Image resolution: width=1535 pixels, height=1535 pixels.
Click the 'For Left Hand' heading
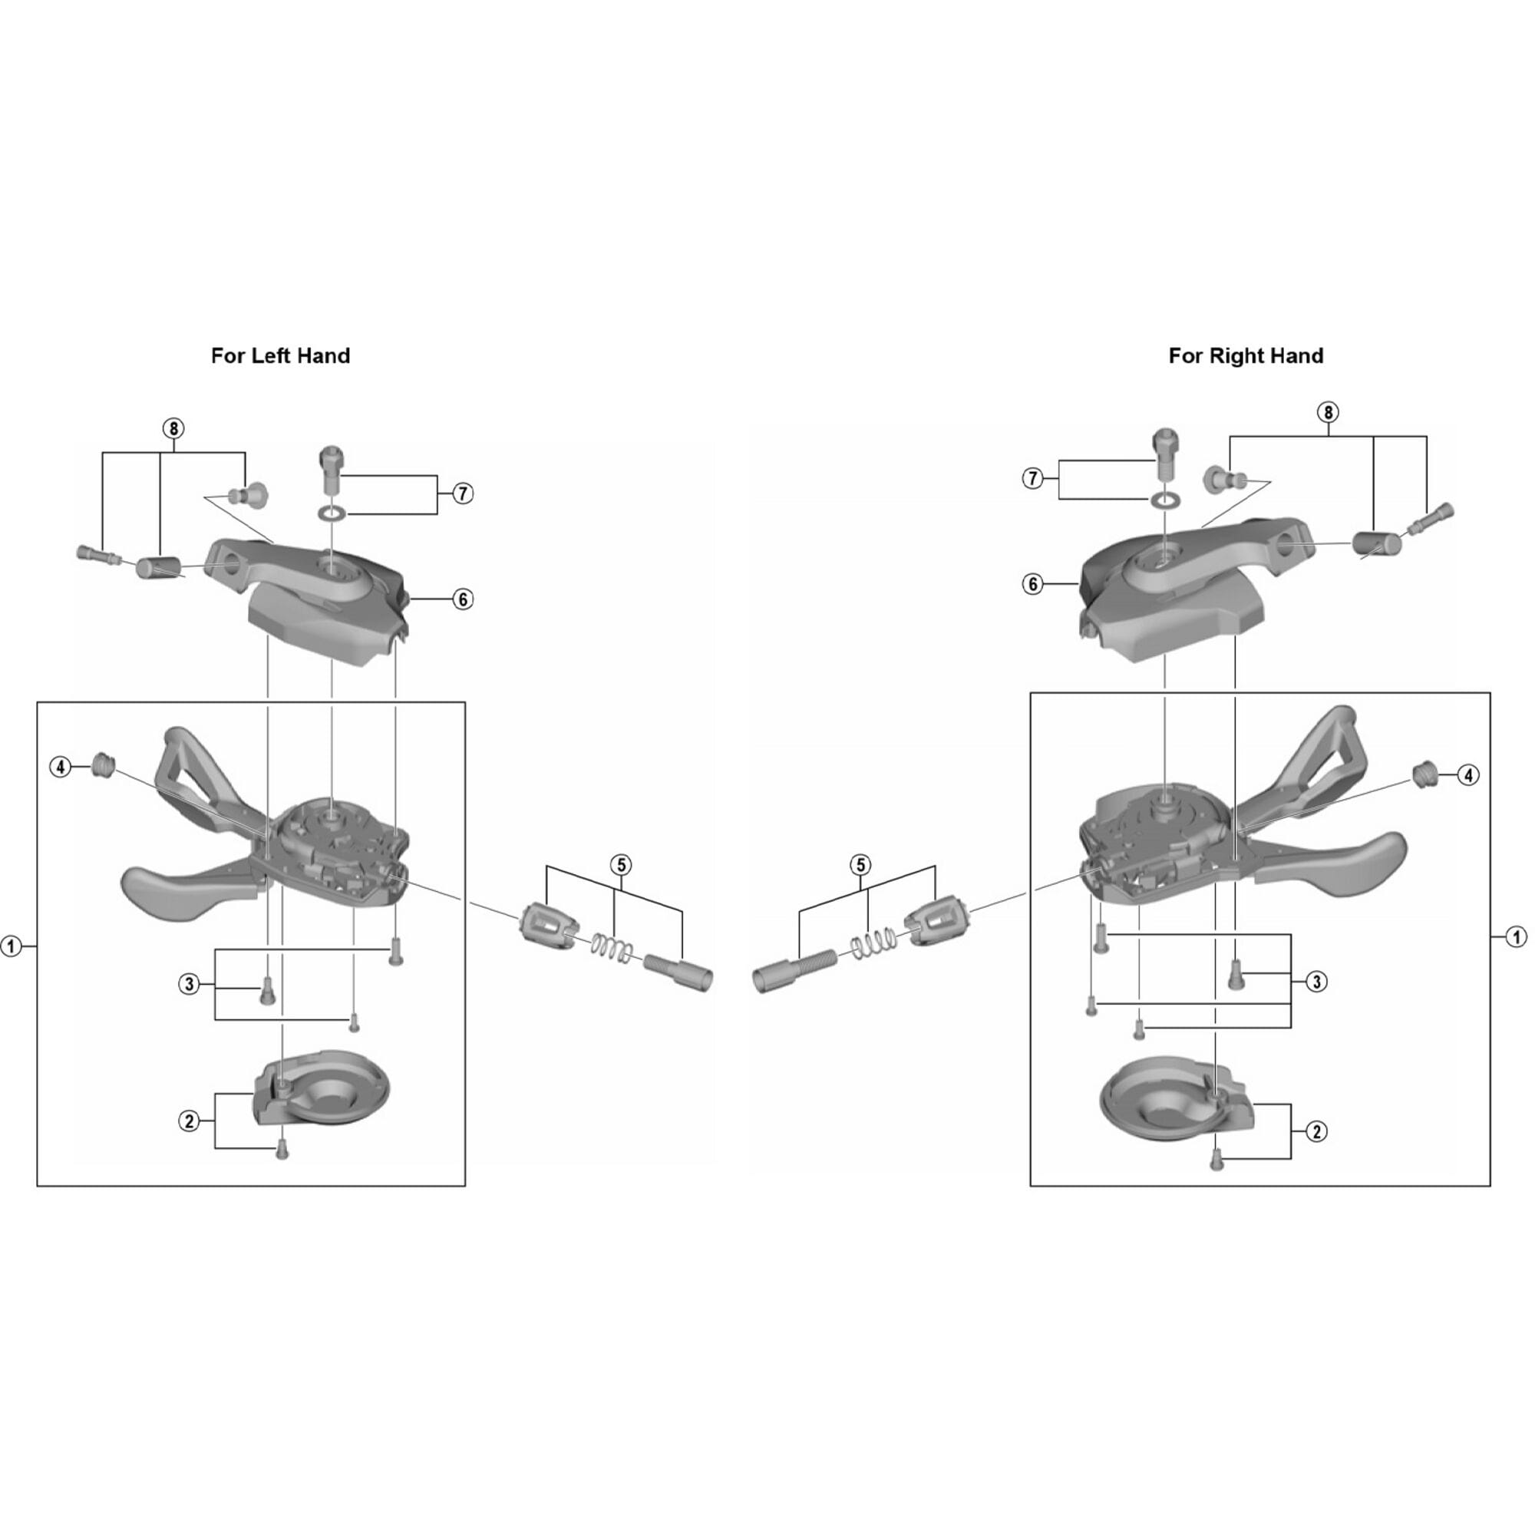tap(279, 355)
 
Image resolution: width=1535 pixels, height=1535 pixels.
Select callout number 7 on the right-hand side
tap(1032, 478)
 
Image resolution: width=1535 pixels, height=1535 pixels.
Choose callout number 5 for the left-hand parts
tap(622, 864)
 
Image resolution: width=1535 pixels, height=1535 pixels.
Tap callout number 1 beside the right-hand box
tap(1516, 938)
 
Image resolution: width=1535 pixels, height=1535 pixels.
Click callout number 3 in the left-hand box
tap(189, 985)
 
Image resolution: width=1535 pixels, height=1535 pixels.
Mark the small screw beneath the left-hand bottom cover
tap(280, 1151)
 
